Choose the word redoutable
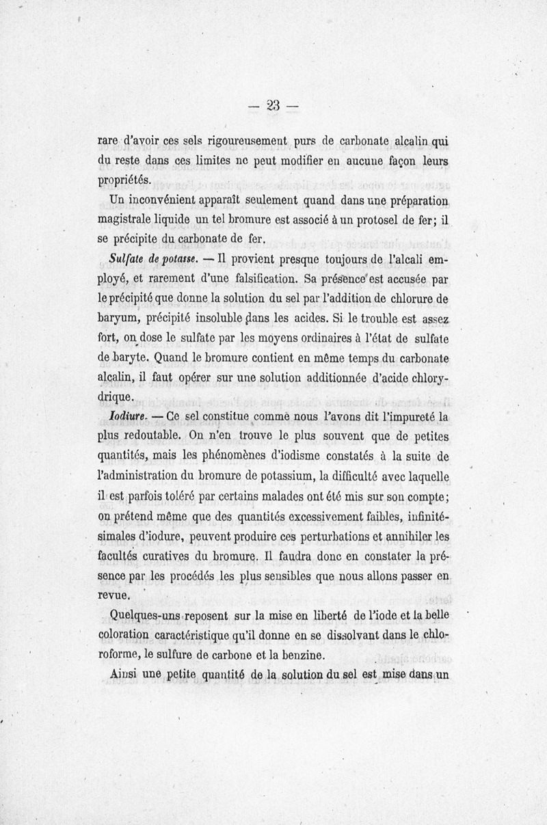[150, 435]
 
